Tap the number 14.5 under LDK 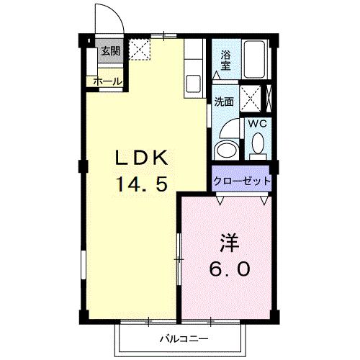(x=143, y=184)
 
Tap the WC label (x=257, y=123)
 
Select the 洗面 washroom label (x=224, y=102)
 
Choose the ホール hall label (x=107, y=81)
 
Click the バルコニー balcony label (x=183, y=338)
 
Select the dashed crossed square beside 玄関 (x=138, y=50)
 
